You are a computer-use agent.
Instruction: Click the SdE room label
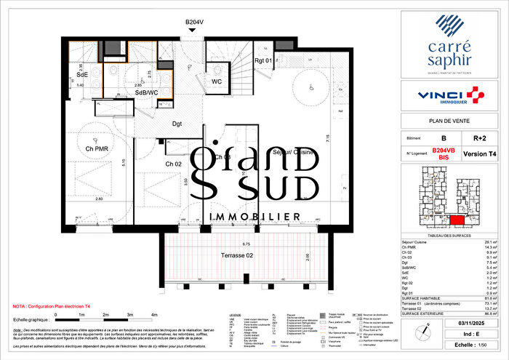click(x=82, y=74)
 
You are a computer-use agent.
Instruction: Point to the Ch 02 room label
click(x=173, y=165)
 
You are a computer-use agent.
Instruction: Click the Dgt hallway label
click(x=177, y=124)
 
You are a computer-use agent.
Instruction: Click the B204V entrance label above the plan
click(x=194, y=23)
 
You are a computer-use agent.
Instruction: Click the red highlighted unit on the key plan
click(x=457, y=220)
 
